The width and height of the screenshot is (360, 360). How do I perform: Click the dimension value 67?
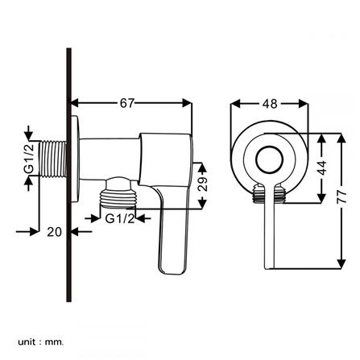pyautogui.click(x=126, y=103)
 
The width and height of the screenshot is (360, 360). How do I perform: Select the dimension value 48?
pyautogui.click(x=270, y=104)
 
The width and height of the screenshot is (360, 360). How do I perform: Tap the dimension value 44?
pyautogui.click(x=322, y=168)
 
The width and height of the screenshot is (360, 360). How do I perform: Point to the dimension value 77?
pyautogui.click(x=341, y=197)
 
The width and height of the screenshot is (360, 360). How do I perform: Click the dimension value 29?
pyautogui.click(x=203, y=184)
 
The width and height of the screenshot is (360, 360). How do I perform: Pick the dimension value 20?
pyautogui.click(x=54, y=232)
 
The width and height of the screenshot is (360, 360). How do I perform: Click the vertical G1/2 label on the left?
pyautogui.click(x=29, y=159)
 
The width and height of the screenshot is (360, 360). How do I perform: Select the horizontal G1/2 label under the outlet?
pyautogui.click(x=120, y=219)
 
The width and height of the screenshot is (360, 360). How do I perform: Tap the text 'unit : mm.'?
pyautogui.click(x=40, y=342)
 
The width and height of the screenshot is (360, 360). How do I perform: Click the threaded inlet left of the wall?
pyautogui.click(x=53, y=159)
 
